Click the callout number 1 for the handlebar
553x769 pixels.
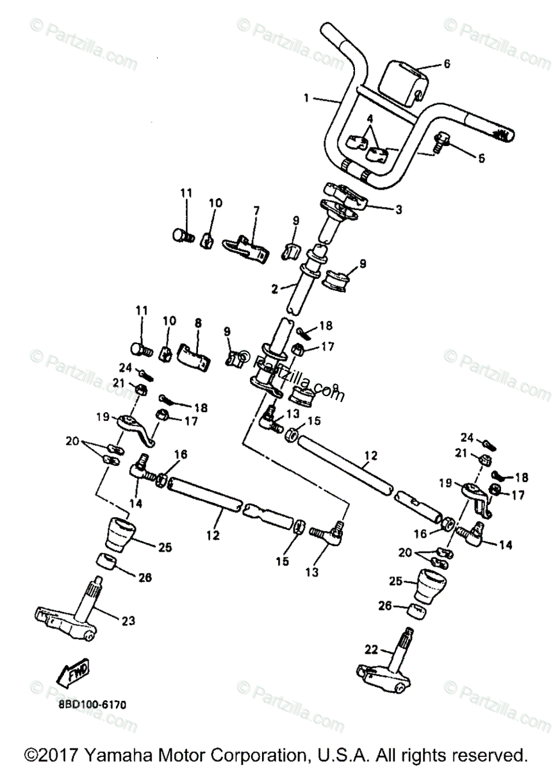click(x=306, y=98)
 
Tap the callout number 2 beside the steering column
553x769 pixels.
click(x=275, y=289)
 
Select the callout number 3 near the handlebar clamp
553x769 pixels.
click(x=398, y=210)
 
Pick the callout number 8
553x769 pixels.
click(x=197, y=324)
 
